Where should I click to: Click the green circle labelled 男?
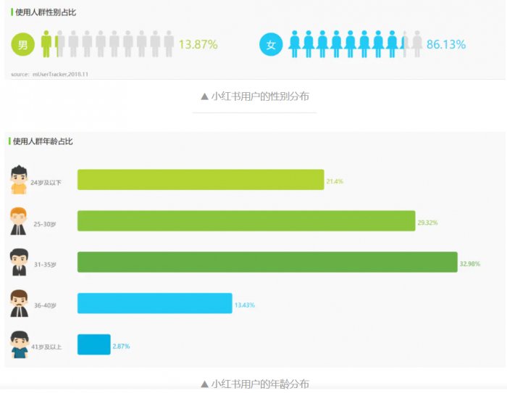point(22,45)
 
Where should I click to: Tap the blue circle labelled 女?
point(271,45)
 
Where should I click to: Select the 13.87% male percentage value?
point(198,45)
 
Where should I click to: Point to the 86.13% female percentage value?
point(445,45)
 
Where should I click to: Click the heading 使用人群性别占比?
point(46,12)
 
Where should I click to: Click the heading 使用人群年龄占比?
point(43,141)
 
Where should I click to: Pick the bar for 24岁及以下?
point(201,180)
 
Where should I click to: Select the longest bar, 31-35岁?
point(267,262)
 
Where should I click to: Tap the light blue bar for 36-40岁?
point(154,304)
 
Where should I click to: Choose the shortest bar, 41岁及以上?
point(93,345)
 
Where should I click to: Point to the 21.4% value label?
point(335,181)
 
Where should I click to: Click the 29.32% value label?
point(427,223)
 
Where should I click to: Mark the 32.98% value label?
point(469,264)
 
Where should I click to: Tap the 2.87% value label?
point(121,347)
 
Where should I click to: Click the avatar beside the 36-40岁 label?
point(19,304)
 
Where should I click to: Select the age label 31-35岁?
point(45,265)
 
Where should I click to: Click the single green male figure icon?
point(46,44)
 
